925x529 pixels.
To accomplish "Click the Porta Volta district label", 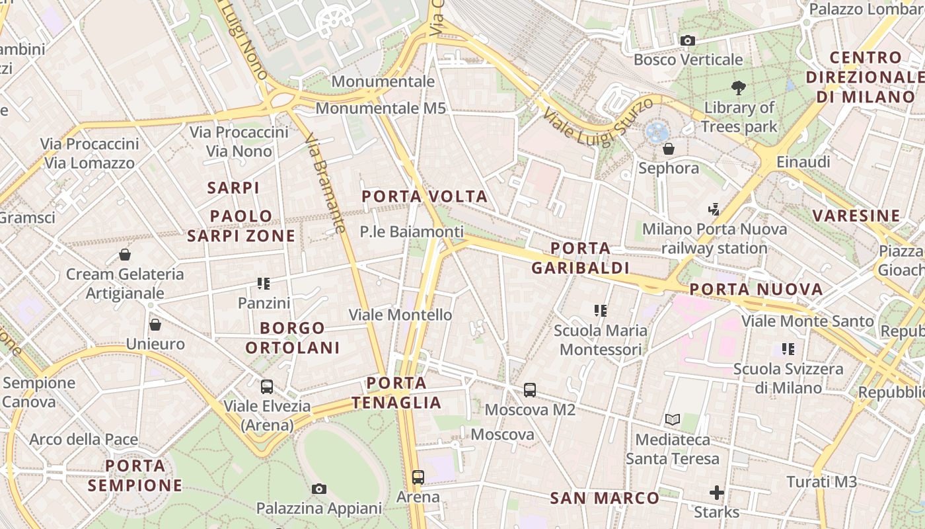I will (425, 196).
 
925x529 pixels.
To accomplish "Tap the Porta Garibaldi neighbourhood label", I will (580, 258).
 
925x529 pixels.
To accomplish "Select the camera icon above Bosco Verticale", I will (687, 41).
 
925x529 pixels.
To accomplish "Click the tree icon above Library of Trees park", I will (739, 87).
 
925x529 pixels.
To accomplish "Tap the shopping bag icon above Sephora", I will (668, 148).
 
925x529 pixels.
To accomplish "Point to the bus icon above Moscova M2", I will (530, 390).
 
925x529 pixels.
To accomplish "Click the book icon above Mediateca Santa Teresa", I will (673, 419).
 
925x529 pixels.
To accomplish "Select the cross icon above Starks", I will (716, 493).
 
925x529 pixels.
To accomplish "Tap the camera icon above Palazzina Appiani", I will (319, 489).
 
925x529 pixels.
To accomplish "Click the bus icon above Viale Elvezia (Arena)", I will (267, 387).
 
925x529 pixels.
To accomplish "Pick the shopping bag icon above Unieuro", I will (155, 325).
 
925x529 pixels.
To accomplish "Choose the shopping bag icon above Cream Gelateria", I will (125, 255).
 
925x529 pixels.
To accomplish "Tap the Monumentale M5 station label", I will (381, 108).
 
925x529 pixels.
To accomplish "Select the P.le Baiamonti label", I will (411, 231).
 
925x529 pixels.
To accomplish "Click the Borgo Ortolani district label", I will (293, 337).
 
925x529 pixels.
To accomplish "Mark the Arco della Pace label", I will (84, 439).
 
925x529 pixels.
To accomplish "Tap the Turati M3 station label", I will (821, 481).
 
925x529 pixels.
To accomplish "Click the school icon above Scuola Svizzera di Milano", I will (788, 348).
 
